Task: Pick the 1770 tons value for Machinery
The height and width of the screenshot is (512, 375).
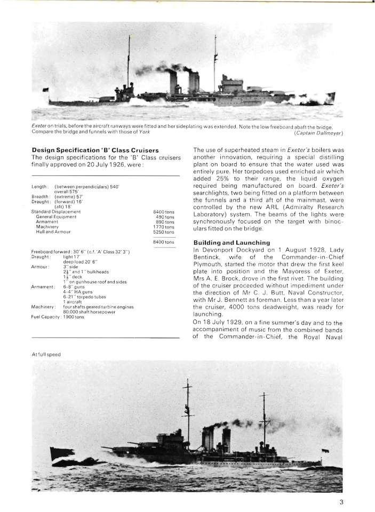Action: (x=163, y=227)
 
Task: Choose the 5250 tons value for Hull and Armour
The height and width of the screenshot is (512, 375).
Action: (x=163, y=232)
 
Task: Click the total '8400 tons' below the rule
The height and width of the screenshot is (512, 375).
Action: (x=163, y=243)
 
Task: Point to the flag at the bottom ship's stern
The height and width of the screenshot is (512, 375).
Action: (x=325, y=452)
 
